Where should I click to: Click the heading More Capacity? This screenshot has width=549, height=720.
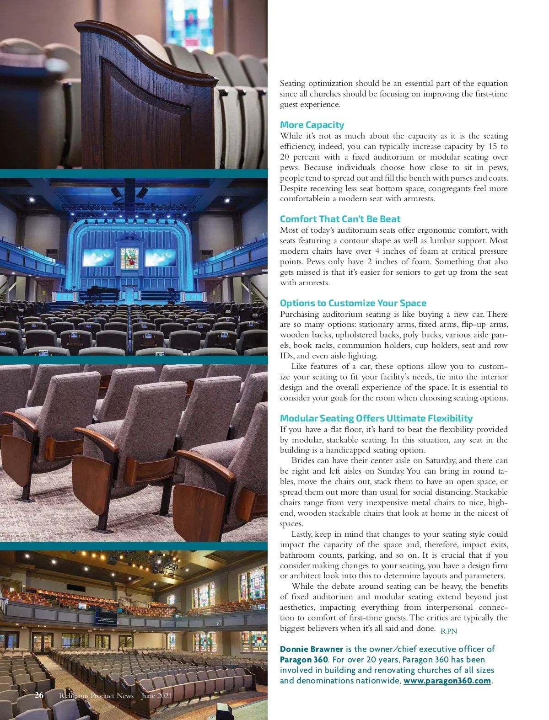click(x=312, y=125)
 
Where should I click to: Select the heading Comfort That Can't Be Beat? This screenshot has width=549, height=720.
click(x=340, y=219)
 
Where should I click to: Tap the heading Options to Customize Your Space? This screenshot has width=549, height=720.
click(x=353, y=303)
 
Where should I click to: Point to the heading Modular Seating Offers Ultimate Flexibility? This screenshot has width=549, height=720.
click(x=376, y=418)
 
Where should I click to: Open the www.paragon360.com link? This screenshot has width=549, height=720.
click(x=447, y=681)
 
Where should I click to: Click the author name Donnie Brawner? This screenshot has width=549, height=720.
click(x=311, y=649)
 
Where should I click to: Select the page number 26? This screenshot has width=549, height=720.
click(x=39, y=695)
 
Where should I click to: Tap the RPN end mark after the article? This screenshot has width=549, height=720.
click(x=449, y=631)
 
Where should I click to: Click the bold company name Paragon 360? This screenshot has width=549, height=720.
click(x=304, y=660)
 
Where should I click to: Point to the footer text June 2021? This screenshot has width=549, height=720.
click(x=157, y=696)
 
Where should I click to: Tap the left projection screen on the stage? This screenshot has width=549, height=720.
click(x=98, y=258)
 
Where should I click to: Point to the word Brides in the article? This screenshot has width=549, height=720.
click(x=302, y=461)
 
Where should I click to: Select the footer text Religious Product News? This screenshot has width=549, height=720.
click(x=96, y=696)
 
